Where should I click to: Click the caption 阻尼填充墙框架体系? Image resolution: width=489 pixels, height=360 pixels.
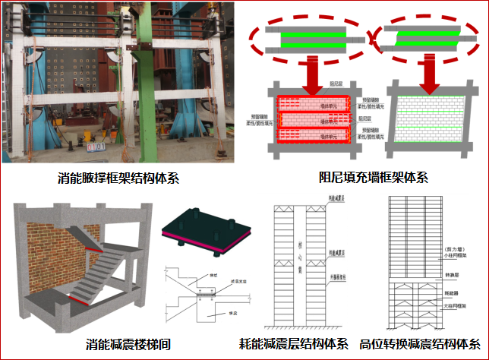(364, 179)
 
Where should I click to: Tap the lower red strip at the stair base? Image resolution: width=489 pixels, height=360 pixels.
(83, 299)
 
